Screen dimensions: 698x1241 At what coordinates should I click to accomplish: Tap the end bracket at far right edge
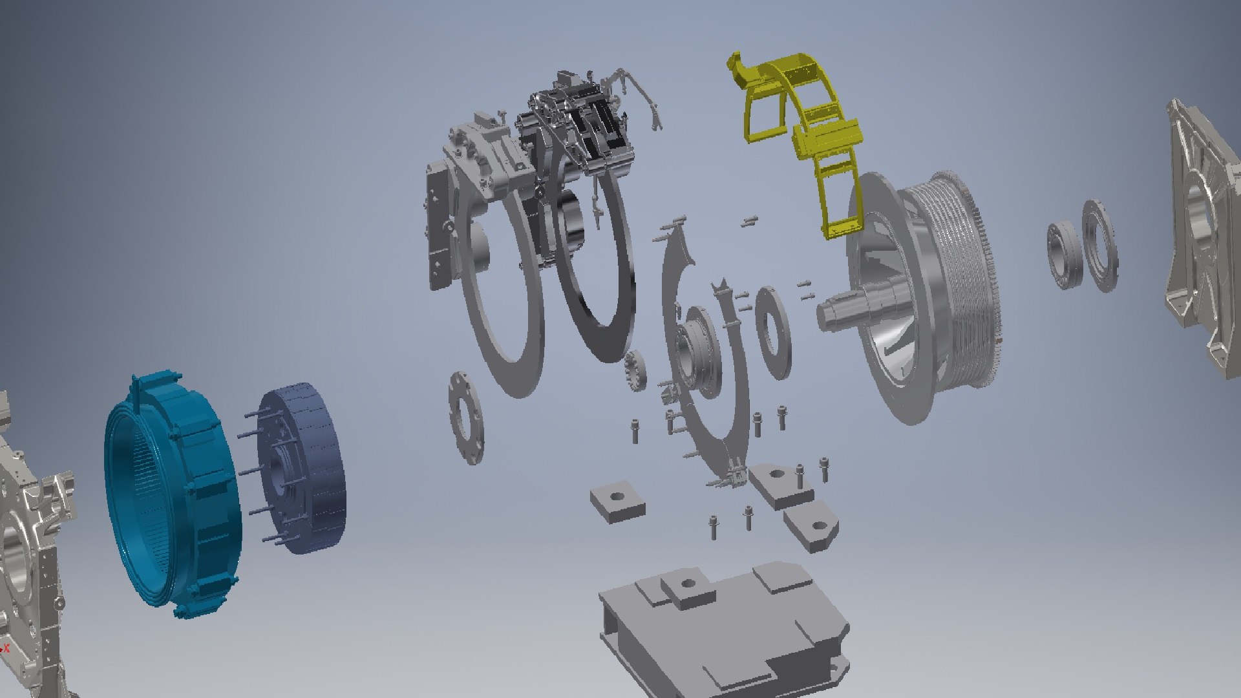[x=1202, y=239]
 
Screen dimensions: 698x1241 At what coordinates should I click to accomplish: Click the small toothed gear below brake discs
[x=636, y=371]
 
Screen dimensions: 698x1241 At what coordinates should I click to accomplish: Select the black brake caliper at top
[x=601, y=129]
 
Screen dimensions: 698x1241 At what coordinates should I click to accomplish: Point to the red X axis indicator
[x=6, y=647]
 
